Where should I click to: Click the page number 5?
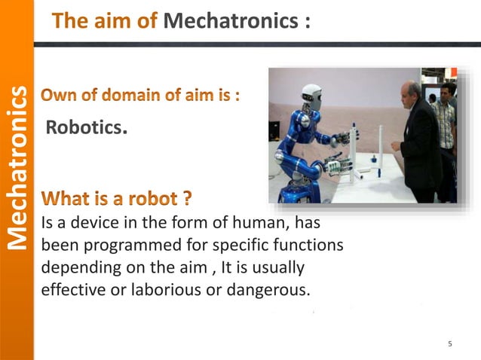point(450,345)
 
